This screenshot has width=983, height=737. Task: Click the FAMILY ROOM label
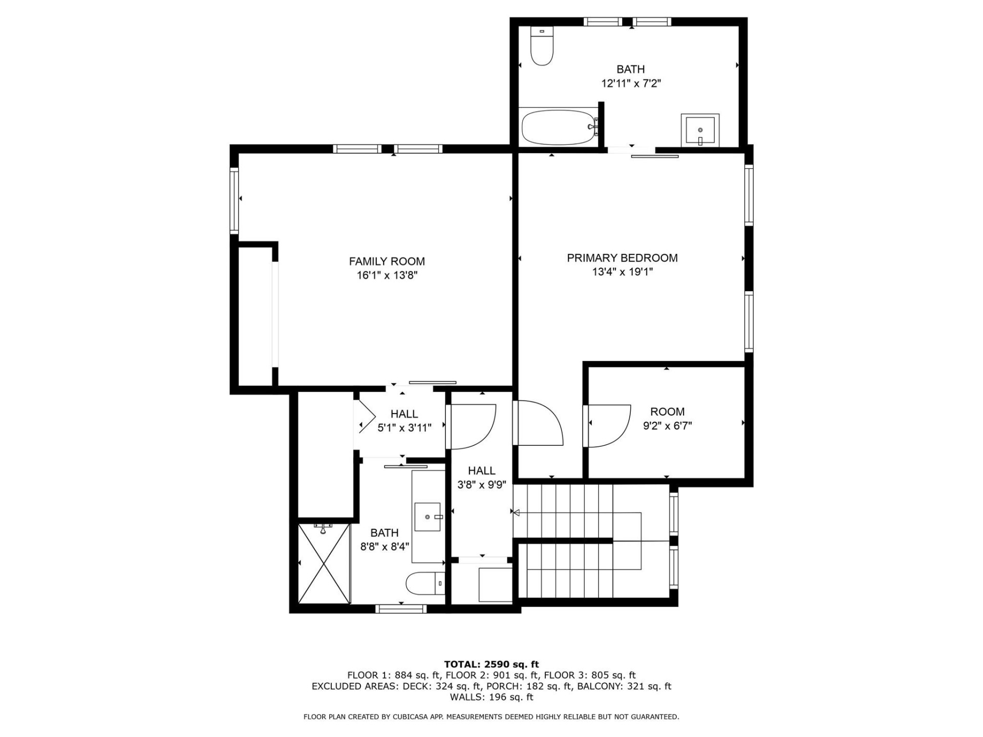click(x=387, y=262)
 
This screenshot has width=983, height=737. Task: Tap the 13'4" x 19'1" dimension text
click(x=622, y=272)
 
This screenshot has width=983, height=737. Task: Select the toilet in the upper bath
click(x=542, y=47)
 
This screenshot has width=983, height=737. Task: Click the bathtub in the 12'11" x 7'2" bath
click(x=558, y=127)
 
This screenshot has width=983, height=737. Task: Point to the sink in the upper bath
click(x=700, y=131)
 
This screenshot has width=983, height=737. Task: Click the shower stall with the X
click(x=324, y=563)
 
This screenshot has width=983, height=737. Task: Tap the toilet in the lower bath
click(x=424, y=583)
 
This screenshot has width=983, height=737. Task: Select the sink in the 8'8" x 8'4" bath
click(x=428, y=517)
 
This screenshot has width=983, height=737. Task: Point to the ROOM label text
click(x=667, y=411)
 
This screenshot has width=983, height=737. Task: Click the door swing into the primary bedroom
click(x=539, y=423)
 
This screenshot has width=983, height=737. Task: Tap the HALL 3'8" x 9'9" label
click(x=481, y=478)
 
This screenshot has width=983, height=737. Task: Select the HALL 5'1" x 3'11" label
click(x=404, y=421)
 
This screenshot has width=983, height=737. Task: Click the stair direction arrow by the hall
click(x=517, y=512)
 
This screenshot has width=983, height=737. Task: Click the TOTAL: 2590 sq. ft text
click(x=491, y=664)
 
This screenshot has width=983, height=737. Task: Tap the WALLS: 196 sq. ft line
click(x=491, y=697)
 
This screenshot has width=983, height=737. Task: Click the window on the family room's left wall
click(x=234, y=201)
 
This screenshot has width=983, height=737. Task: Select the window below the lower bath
click(x=401, y=609)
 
